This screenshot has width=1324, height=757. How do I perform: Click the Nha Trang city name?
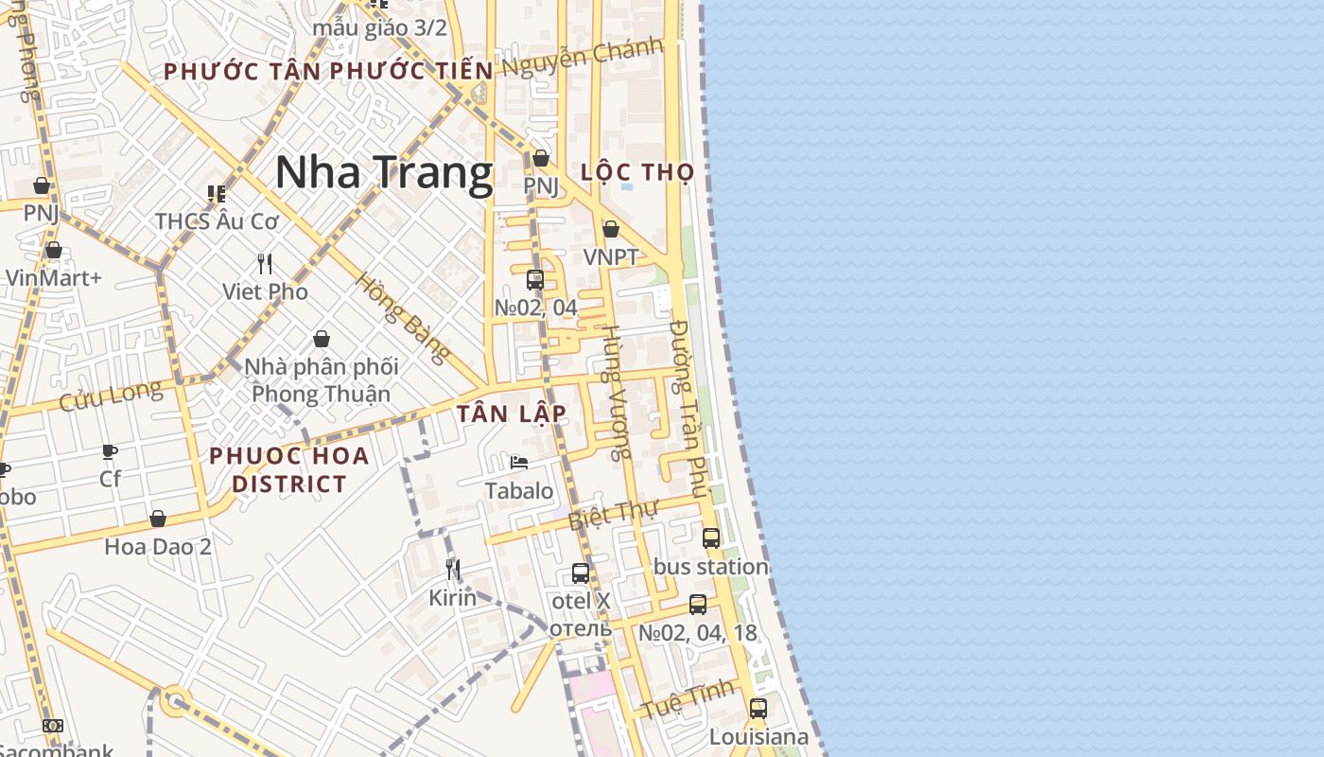[384, 173]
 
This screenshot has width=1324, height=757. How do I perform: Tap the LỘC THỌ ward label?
[637, 172]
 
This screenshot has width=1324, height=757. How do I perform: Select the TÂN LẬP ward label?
[512, 414]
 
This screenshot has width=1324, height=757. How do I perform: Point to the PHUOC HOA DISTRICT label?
[289, 469]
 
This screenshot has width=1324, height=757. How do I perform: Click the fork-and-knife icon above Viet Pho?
[265, 264]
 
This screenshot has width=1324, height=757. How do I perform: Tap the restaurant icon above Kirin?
[453, 569]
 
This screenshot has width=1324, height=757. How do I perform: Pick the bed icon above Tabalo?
[519, 463]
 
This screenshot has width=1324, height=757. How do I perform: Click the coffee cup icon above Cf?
[110, 451]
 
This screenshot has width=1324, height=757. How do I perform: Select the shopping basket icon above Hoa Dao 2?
[158, 519]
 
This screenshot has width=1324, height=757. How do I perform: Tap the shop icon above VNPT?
[611, 229]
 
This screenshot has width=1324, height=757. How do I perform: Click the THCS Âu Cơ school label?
[218, 221]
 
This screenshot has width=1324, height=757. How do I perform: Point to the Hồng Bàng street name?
[402, 318]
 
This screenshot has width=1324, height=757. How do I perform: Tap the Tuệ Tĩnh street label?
[688, 698]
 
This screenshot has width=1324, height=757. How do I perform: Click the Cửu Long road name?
[111, 396]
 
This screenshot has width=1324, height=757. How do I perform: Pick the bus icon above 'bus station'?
[711, 538]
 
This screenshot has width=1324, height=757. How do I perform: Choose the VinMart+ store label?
[53, 278]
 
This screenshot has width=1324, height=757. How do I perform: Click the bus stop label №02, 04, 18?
[698, 633]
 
